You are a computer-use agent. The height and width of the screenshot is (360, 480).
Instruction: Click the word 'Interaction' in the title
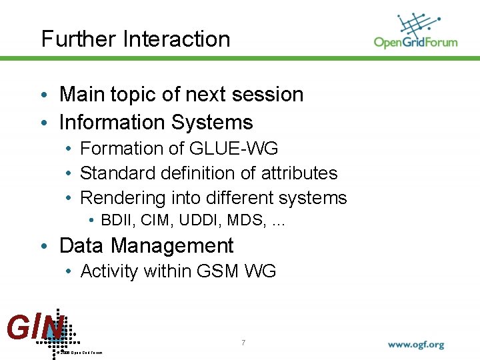point(177,39)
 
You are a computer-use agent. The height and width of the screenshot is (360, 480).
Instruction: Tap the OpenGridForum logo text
point(415,43)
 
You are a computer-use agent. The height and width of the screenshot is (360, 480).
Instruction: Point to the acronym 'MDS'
point(241,221)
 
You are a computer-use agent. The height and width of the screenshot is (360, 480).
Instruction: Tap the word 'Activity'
point(109,271)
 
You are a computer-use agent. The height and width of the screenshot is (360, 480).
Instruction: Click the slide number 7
point(243,343)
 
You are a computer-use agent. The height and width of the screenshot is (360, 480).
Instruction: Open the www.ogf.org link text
point(415,345)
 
